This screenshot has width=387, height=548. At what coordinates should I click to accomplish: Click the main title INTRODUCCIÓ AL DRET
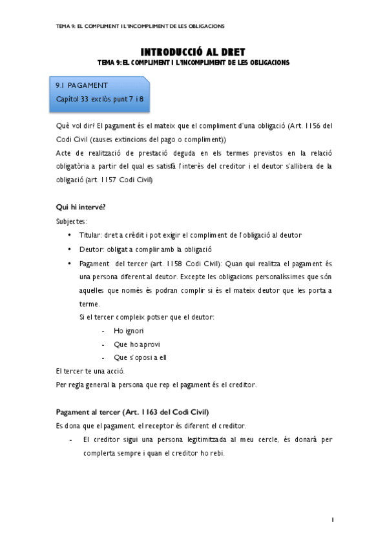193,52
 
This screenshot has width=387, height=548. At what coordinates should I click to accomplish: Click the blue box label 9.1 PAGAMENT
81,85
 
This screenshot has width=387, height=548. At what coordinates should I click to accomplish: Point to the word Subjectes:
72,221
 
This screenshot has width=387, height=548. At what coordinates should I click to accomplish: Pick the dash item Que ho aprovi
136,344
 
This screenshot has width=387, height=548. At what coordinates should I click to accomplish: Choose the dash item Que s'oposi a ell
140,357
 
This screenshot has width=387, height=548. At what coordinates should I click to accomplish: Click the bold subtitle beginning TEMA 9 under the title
193,63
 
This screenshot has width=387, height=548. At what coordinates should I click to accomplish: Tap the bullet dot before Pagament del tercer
69,264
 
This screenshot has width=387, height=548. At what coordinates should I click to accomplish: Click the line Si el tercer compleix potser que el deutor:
147,317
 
